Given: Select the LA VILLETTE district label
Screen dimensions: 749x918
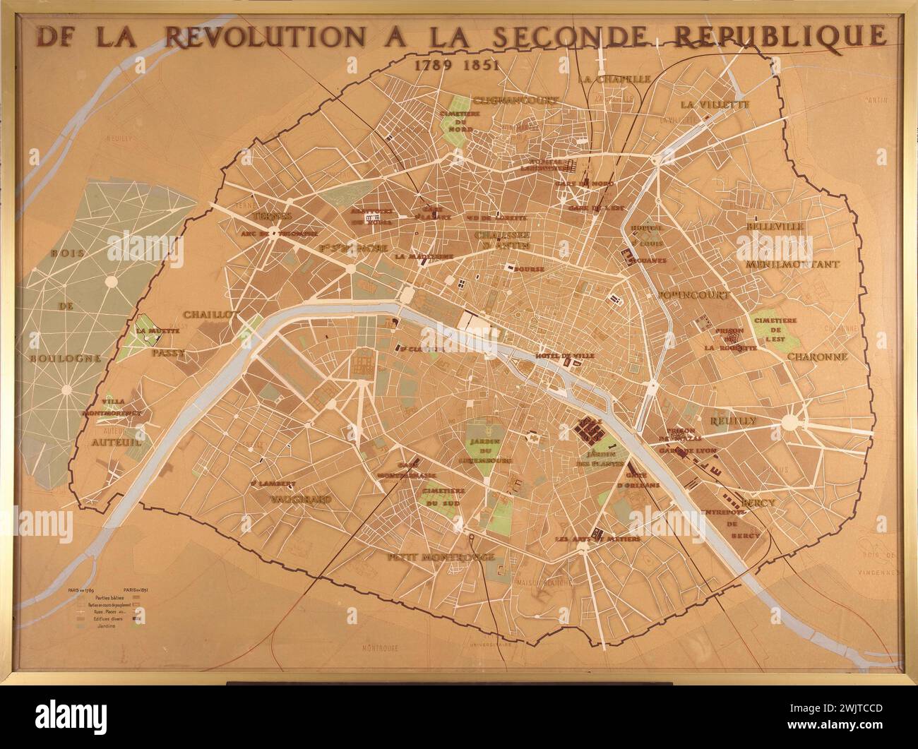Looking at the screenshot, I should tap(714, 104).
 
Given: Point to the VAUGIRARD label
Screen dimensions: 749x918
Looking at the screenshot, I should tap(302, 498).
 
